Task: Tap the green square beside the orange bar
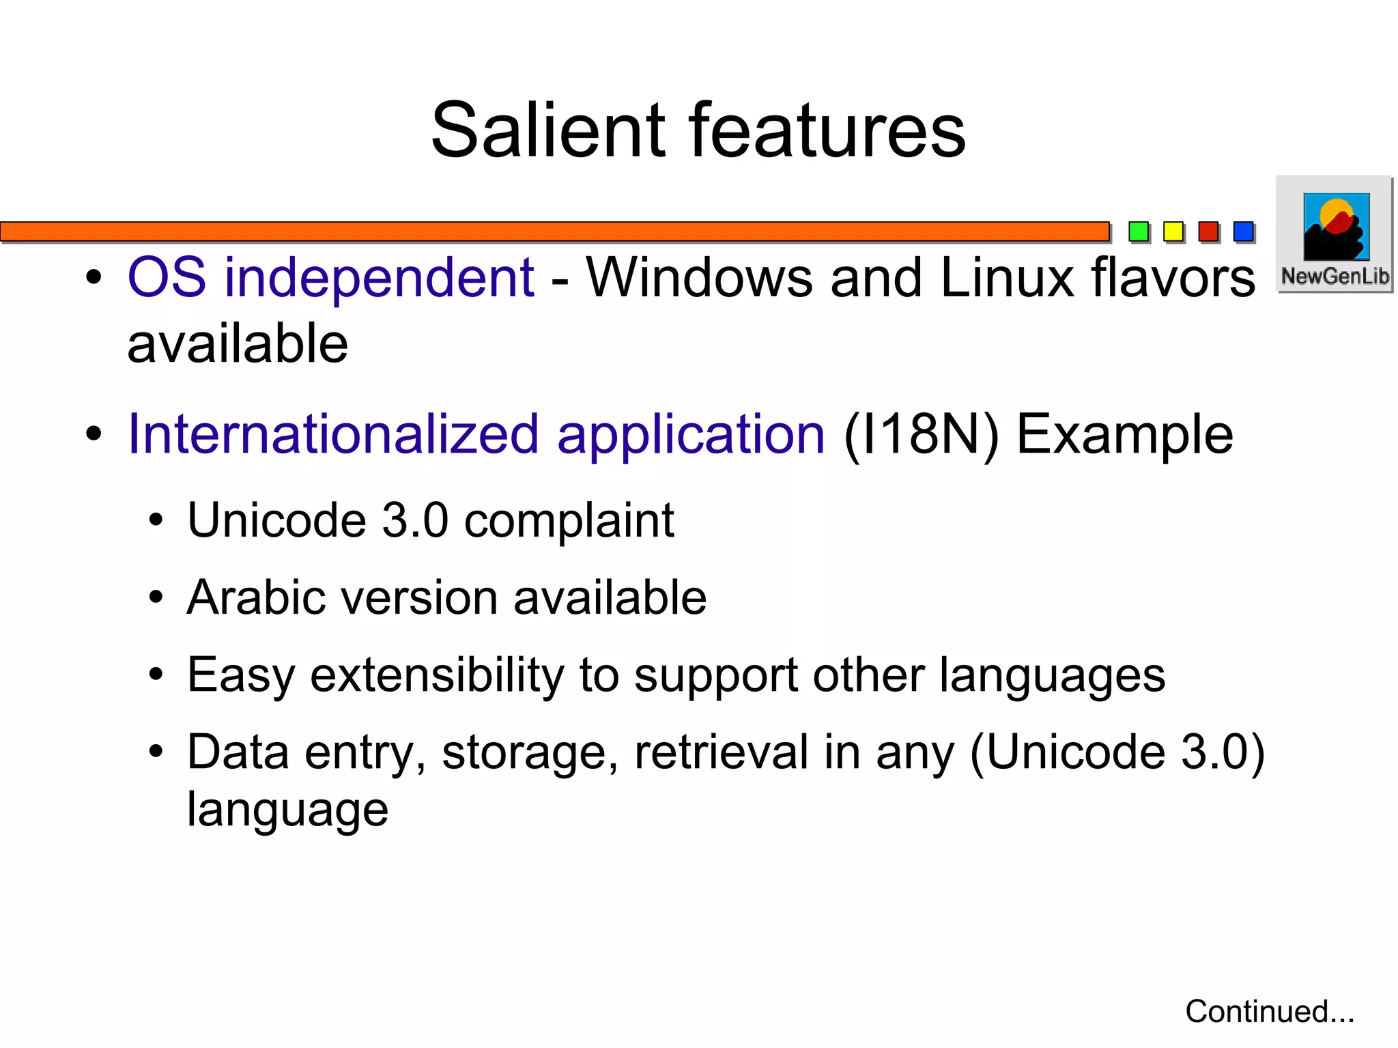(x=1139, y=231)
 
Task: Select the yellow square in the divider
(x=1173, y=231)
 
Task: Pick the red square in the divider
(x=1208, y=231)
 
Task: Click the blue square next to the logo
(x=1244, y=231)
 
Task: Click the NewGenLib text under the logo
(x=1335, y=277)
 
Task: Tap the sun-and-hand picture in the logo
(x=1336, y=227)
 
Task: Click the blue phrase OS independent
(x=330, y=278)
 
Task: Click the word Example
(x=1124, y=434)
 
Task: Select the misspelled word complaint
(x=569, y=521)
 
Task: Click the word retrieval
(x=721, y=752)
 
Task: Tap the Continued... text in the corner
(x=1269, y=1011)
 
